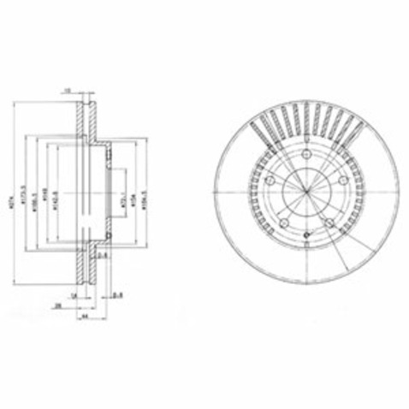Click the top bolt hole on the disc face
click(306, 153)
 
